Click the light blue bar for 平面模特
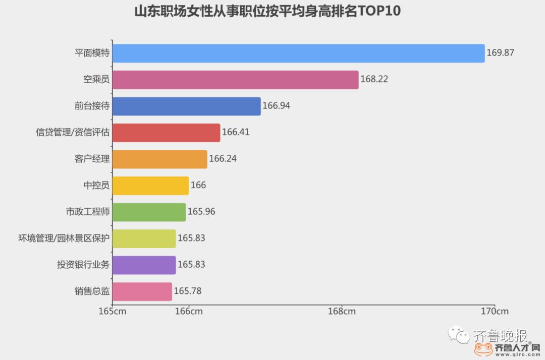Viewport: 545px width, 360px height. click(298, 53)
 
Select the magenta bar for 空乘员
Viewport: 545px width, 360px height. click(235, 80)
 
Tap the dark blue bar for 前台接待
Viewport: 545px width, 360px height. click(186, 106)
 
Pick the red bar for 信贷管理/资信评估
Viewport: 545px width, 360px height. click(166, 133)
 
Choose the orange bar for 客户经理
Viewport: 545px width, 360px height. click(159, 159)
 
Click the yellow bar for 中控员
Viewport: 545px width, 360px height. click(150, 186)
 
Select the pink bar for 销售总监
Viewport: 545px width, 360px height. click(142, 291)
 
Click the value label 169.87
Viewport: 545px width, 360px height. click(500, 53)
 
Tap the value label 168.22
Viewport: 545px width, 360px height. click(374, 80)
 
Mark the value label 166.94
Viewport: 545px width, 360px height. click(276, 106)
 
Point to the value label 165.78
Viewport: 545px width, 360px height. click(188, 291)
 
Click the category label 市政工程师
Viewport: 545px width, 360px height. click(87, 212)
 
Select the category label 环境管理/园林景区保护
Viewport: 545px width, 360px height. click(64, 238)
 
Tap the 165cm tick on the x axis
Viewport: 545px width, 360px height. click(112, 311)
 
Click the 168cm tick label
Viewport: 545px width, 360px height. click(342, 311)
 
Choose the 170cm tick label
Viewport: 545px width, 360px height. click(495, 311)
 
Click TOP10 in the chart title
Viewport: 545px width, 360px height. click(379, 12)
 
